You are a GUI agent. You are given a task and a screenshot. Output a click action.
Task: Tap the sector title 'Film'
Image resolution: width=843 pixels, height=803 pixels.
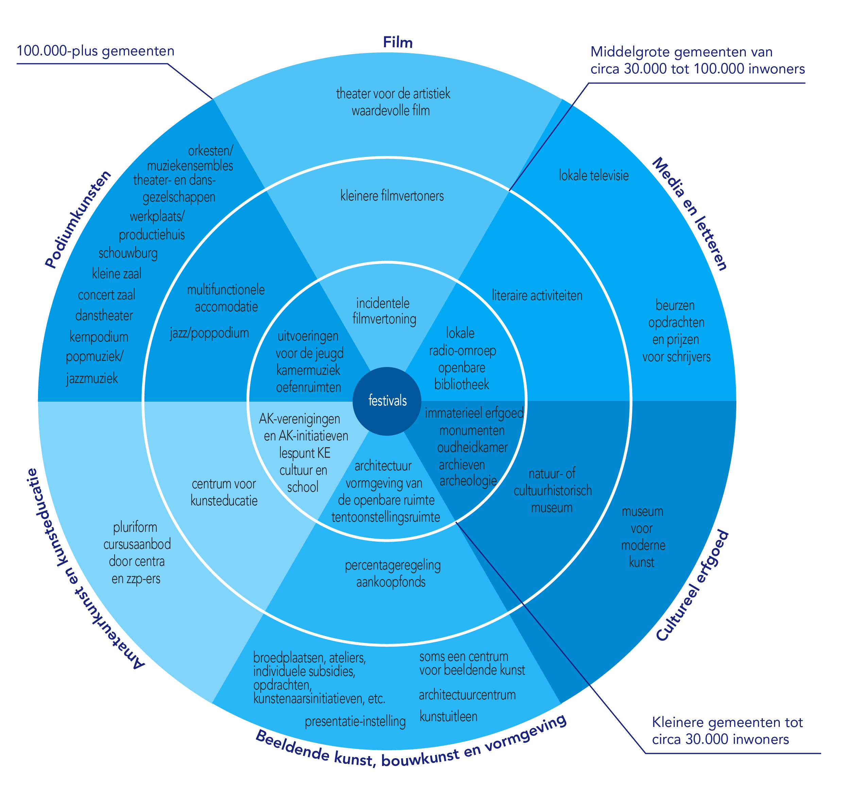coord(397,42)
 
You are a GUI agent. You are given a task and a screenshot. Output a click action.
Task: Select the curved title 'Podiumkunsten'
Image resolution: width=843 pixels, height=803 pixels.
coord(78,220)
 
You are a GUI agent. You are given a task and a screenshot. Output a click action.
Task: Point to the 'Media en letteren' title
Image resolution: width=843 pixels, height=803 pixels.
coord(689,214)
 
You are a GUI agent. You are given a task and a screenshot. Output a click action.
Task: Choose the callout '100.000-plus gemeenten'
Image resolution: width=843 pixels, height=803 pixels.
coord(96,51)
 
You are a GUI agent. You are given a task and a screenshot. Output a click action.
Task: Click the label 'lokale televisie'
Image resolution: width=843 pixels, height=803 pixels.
coord(593,175)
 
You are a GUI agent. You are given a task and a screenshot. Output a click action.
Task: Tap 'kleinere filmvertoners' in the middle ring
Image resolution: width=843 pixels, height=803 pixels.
coord(392,196)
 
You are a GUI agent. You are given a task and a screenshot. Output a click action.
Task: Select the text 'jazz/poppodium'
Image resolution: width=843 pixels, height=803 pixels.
coord(209,333)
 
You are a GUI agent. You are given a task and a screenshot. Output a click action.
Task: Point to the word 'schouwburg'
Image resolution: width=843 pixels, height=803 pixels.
coord(128,253)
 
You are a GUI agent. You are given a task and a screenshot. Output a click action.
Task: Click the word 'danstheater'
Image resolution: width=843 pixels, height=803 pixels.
coord(104,315)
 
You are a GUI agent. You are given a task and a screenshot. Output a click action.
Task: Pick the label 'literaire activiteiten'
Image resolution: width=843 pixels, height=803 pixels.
coord(537,295)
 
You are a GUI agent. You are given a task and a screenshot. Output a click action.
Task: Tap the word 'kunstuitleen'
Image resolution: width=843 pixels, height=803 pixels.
coord(448,716)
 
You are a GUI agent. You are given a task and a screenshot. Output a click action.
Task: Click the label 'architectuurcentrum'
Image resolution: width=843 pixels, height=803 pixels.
coord(467,695)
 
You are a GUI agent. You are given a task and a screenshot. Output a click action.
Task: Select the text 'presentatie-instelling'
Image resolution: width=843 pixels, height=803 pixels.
coord(355,721)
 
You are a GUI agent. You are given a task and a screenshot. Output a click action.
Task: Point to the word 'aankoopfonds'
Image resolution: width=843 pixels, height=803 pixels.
coord(391,582)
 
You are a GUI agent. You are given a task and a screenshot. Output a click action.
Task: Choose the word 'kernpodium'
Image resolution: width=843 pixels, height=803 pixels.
coord(99,337)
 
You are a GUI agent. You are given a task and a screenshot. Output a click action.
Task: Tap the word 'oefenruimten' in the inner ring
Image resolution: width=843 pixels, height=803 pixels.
coord(308,387)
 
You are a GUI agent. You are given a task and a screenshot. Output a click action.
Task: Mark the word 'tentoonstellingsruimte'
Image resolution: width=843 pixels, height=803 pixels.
coord(385,517)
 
